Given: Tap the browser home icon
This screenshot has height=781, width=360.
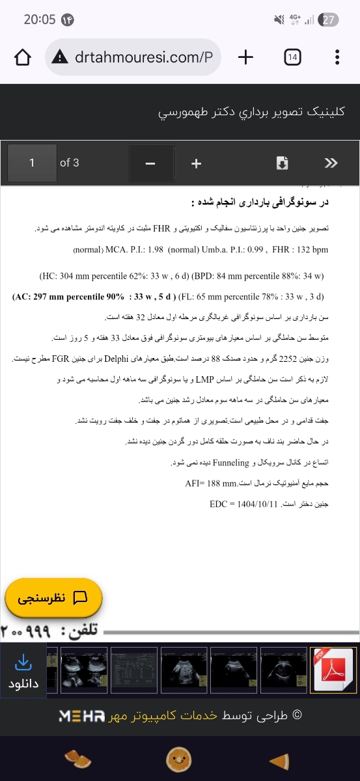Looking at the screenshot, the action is pyautogui.click(x=23, y=57).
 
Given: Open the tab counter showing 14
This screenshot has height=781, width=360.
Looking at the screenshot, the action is pyautogui.click(x=292, y=57).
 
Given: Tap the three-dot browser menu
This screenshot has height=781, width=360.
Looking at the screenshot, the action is pyautogui.click(x=337, y=57).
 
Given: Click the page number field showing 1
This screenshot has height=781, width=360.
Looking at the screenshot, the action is pyautogui.click(x=32, y=163).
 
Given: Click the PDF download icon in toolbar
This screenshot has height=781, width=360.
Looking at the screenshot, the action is pyautogui.click(x=282, y=163).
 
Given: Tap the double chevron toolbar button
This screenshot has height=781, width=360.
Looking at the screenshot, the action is pyautogui.click(x=331, y=163).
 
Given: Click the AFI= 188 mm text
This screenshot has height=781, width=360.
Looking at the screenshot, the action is pyautogui.click(x=204, y=484).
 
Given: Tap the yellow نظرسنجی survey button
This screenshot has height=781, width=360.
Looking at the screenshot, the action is pyautogui.click(x=53, y=597).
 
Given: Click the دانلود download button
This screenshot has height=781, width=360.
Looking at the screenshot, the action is pyautogui.click(x=23, y=671).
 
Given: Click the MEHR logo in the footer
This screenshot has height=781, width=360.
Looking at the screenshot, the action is pyautogui.click(x=81, y=716).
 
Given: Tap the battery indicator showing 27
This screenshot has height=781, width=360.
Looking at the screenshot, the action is pyautogui.click(x=330, y=20).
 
